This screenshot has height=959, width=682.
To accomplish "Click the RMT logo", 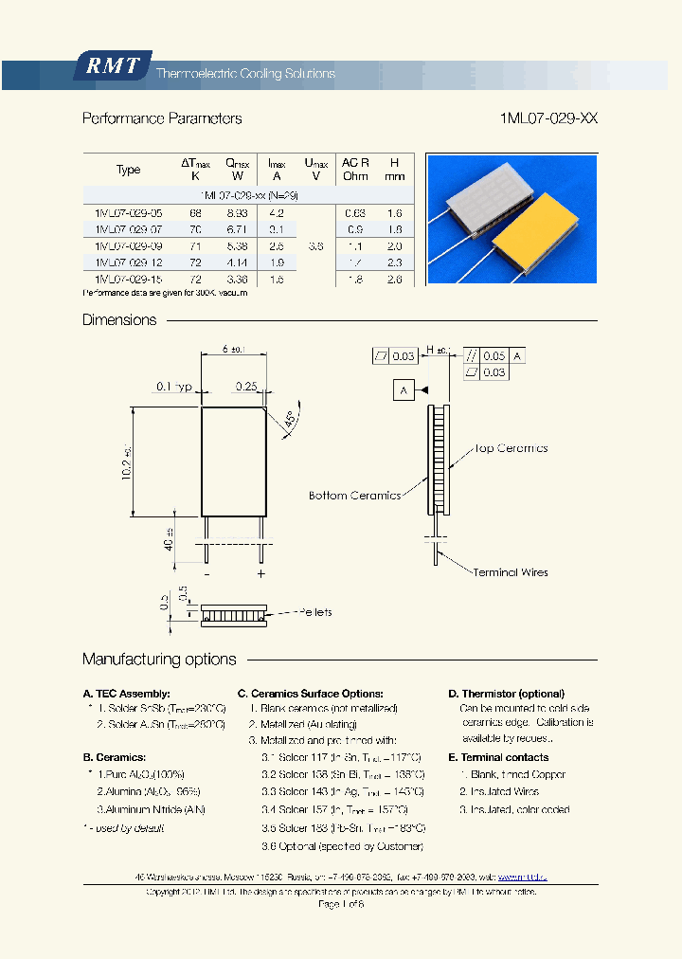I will [113, 66].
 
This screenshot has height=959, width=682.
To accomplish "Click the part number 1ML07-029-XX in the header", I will [547, 118].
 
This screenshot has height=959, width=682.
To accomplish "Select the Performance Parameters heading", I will [162, 118].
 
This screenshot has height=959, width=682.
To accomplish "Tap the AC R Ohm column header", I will [355, 170].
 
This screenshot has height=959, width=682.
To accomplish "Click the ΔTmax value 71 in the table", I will [195, 245].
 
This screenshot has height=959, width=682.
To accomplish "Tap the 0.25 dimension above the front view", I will [246, 387].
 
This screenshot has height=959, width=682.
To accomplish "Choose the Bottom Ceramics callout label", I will [354, 496].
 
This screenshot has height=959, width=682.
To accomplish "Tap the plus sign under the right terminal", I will [261, 574].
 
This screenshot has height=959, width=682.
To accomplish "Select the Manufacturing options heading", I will [159, 660].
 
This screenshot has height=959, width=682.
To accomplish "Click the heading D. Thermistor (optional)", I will [506, 694].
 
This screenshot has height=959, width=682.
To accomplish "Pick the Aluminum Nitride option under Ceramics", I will [152, 810].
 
